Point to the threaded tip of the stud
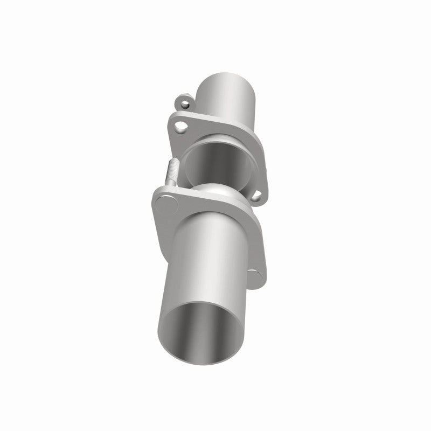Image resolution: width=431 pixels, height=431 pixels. point(173,165)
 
